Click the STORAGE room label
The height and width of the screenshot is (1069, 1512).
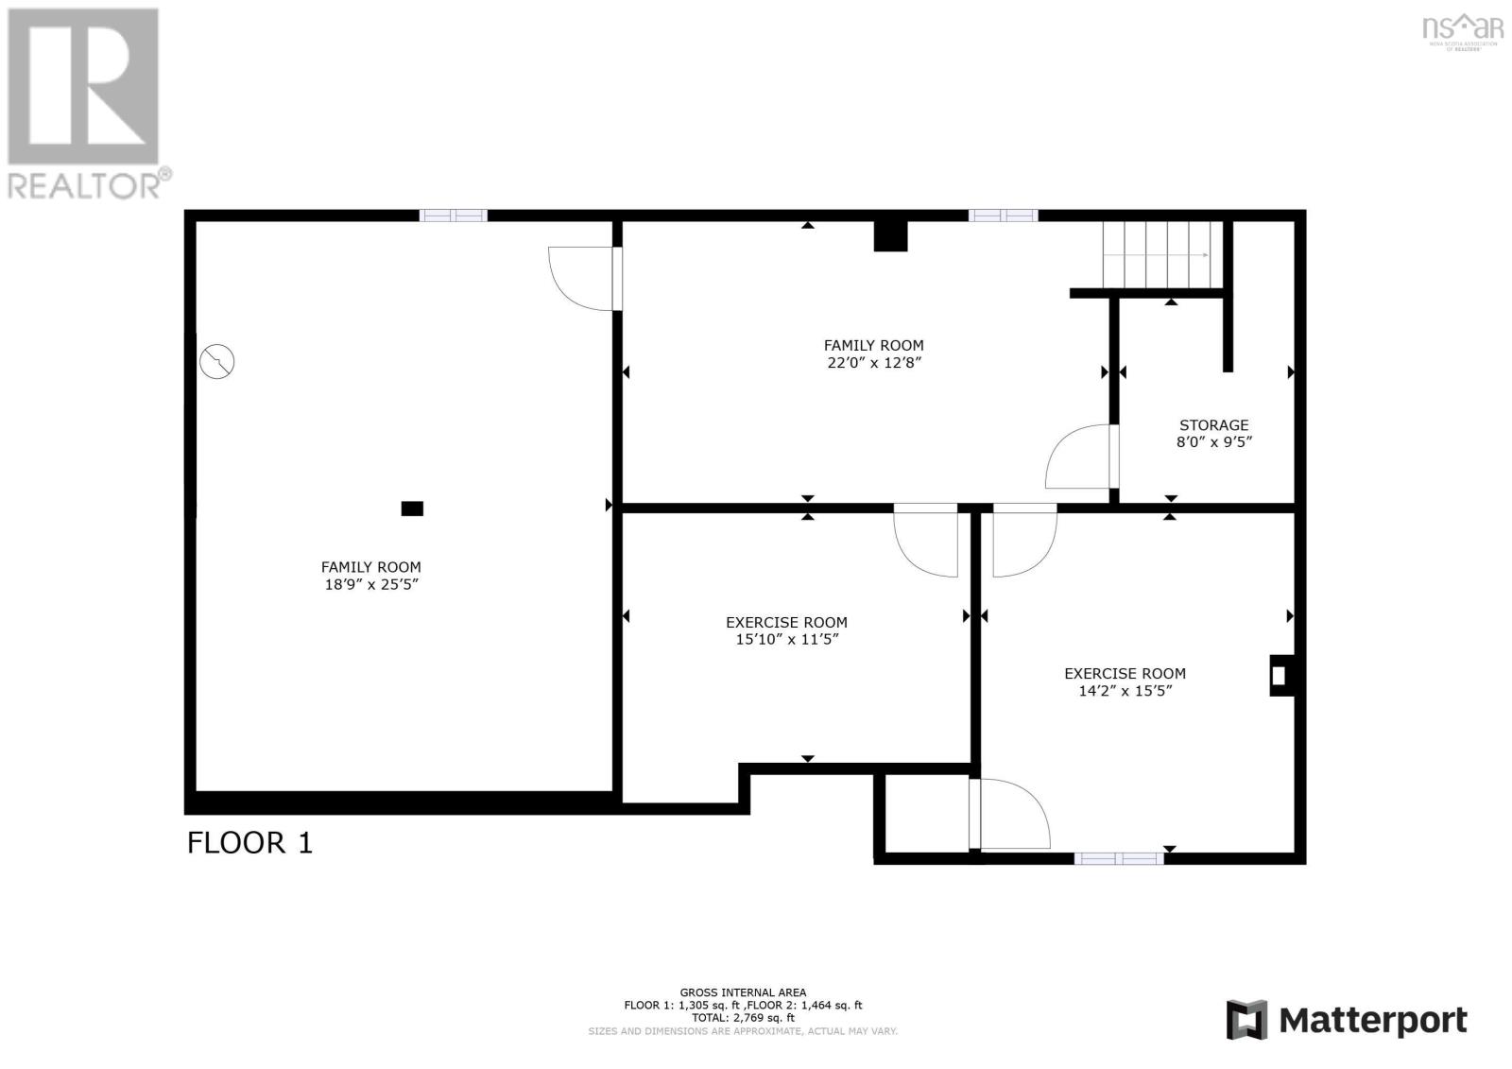[x=1213, y=425]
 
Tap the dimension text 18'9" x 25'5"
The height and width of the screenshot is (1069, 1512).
[x=371, y=584]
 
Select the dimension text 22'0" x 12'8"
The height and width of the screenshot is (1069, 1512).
[x=873, y=363]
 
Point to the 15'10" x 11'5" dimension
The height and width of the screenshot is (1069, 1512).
[x=786, y=640]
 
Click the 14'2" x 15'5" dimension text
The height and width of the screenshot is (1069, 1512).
[x=1125, y=691]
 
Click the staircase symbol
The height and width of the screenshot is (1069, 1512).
[x=1158, y=255]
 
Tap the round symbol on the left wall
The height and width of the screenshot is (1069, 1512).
[x=217, y=361]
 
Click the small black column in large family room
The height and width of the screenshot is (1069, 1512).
[x=412, y=509]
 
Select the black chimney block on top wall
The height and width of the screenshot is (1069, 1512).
[x=890, y=235]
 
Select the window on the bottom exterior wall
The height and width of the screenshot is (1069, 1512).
[x=1118, y=858]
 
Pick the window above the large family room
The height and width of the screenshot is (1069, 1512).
[x=454, y=216]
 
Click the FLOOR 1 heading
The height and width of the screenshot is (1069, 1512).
[x=249, y=842]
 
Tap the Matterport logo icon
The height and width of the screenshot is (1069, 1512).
[x=1246, y=1020]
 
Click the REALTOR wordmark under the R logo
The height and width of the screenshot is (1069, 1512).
[x=89, y=183]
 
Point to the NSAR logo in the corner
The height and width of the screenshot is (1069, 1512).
[x=1462, y=29]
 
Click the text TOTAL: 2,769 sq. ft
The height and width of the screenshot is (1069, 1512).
[x=743, y=1018]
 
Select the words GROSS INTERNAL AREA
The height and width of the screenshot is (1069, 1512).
[x=743, y=992]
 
